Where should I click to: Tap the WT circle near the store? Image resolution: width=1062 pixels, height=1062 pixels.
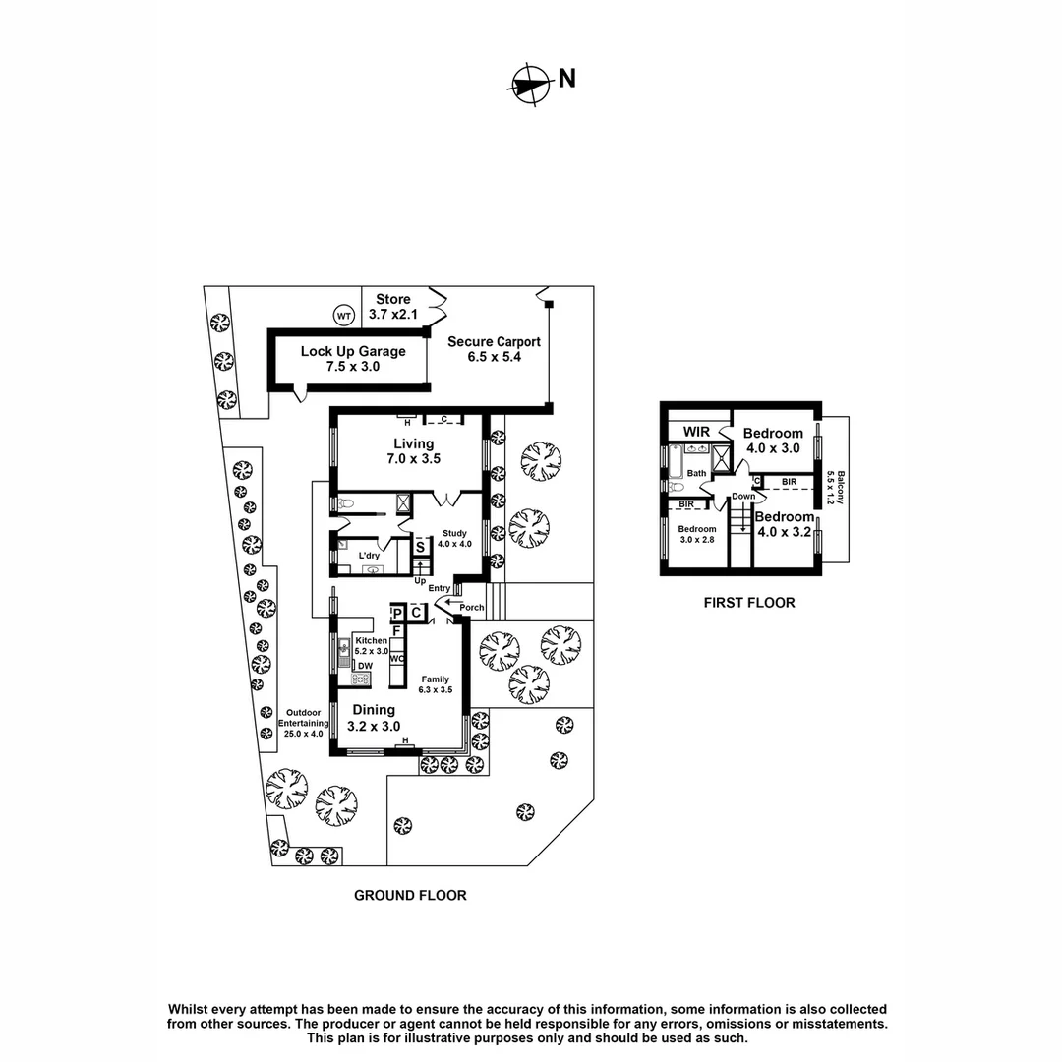(343, 316)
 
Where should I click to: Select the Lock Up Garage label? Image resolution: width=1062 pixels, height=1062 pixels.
(339, 358)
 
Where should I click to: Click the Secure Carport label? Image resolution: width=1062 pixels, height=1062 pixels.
(494, 349)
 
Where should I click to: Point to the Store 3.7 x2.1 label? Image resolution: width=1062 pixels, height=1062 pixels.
(392, 307)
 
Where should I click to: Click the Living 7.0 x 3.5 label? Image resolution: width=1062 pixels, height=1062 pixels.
(413, 451)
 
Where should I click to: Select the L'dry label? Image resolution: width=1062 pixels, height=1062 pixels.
(370, 556)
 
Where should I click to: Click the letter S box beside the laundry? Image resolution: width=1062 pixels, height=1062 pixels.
(420, 547)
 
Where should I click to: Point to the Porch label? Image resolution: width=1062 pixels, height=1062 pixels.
(472, 607)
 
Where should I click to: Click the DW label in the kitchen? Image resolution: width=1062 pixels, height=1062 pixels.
(364, 666)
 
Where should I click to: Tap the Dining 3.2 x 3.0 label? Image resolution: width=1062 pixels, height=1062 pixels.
(374, 718)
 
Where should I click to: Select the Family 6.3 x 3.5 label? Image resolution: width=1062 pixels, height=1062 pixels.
(437, 684)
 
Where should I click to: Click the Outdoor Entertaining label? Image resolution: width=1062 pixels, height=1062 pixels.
(305, 724)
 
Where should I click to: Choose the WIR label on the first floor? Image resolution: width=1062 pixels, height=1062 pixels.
(697, 432)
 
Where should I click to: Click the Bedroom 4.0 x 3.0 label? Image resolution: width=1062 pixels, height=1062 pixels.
(772, 441)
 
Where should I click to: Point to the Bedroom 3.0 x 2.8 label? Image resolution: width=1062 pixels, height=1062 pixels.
(697, 534)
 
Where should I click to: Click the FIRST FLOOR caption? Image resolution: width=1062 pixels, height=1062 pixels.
(748, 603)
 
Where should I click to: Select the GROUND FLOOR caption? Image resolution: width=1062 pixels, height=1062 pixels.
(410, 895)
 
